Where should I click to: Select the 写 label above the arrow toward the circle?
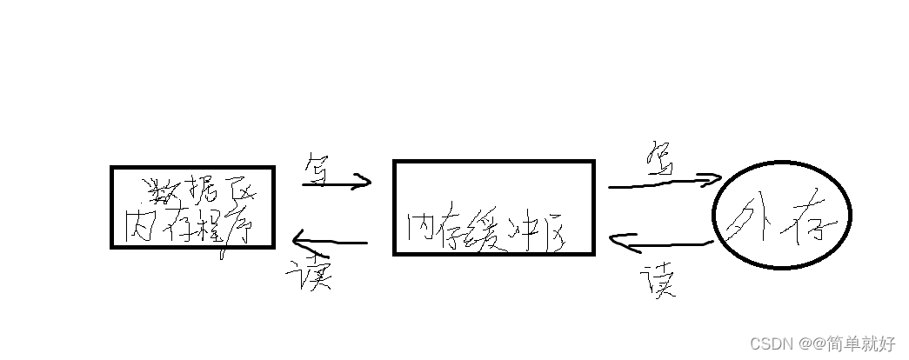coord(660,159)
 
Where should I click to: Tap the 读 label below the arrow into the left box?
coord(309,275)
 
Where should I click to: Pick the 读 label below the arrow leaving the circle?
coord(658,280)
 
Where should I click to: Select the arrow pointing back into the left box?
coord(331,241)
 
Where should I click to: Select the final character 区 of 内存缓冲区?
coord(558,230)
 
